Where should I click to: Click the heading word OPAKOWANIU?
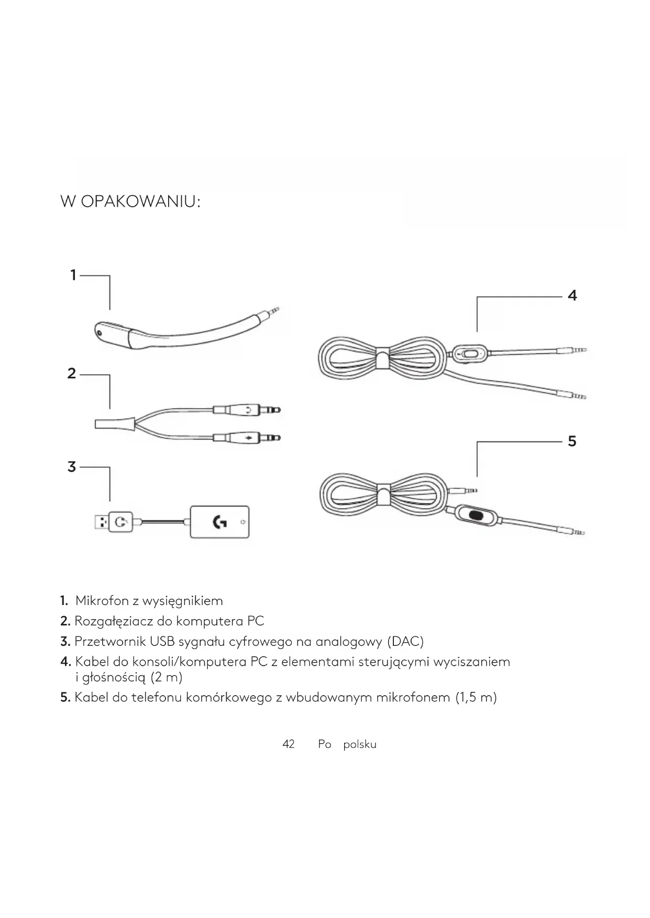(x=140, y=201)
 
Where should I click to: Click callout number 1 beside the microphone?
(x=73, y=275)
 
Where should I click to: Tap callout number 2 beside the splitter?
(x=72, y=373)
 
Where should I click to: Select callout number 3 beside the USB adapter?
(x=72, y=466)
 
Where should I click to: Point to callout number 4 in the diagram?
(x=572, y=296)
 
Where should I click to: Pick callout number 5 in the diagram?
(x=572, y=441)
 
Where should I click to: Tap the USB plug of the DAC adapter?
(x=101, y=522)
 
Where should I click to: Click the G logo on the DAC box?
(x=219, y=522)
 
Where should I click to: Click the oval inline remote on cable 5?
(x=476, y=515)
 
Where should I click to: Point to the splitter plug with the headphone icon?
(x=247, y=409)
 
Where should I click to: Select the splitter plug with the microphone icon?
(x=247, y=437)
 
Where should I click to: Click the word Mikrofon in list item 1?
(x=102, y=601)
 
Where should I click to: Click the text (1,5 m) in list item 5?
(x=476, y=697)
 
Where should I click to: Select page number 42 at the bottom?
(x=289, y=744)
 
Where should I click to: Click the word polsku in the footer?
(x=360, y=744)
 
